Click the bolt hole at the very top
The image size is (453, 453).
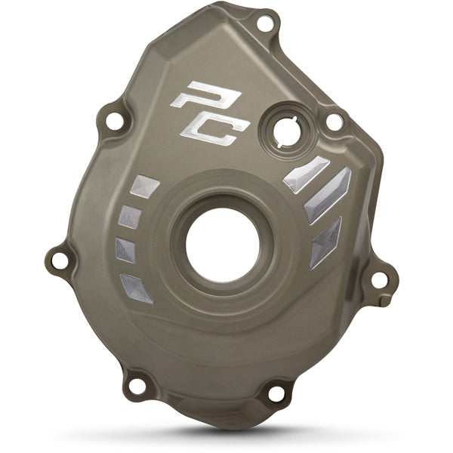click(263, 24)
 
